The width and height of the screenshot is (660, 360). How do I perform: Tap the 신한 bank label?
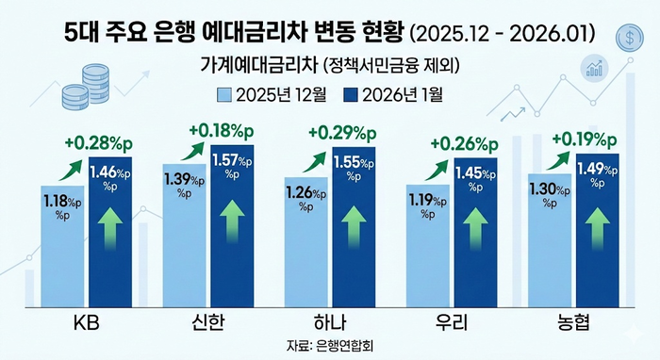point(209,323)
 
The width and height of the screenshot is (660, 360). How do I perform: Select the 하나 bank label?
point(330,323)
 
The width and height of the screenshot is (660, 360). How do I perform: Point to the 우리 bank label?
point(452,323)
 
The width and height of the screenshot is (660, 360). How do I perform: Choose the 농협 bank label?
point(572,323)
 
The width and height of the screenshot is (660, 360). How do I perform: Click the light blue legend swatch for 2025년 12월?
point(223,94)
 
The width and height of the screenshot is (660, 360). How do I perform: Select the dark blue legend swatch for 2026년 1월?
point(350,94)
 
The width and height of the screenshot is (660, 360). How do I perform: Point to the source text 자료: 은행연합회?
point(330,347)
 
